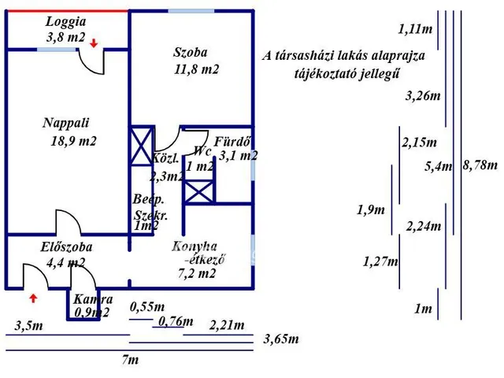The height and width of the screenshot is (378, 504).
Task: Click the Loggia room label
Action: tap(65, 22)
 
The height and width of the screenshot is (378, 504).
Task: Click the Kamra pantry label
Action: tap(93, 300)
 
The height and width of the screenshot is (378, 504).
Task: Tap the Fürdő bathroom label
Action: tap(234, 143)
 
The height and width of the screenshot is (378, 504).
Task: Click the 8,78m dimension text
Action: tap(480, 165)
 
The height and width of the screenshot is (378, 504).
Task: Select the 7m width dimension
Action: tap(130, 360)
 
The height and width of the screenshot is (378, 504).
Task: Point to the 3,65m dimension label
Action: tap(281, 339)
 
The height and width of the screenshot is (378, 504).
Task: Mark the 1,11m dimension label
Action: tap(415, 29)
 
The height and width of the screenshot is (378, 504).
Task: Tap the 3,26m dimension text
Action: tap(421, 97)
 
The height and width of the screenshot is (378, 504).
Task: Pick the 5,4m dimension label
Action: tap(439, 166)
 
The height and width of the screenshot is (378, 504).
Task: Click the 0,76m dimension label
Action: tap(175, 321)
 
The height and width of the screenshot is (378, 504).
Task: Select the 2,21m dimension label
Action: tap(227, 324)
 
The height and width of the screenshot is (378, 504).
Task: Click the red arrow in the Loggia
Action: tap(94, 43)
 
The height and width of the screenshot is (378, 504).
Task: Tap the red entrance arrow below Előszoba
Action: tap(33, 298)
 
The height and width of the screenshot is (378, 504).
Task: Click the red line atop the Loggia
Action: tap(67, 10)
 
